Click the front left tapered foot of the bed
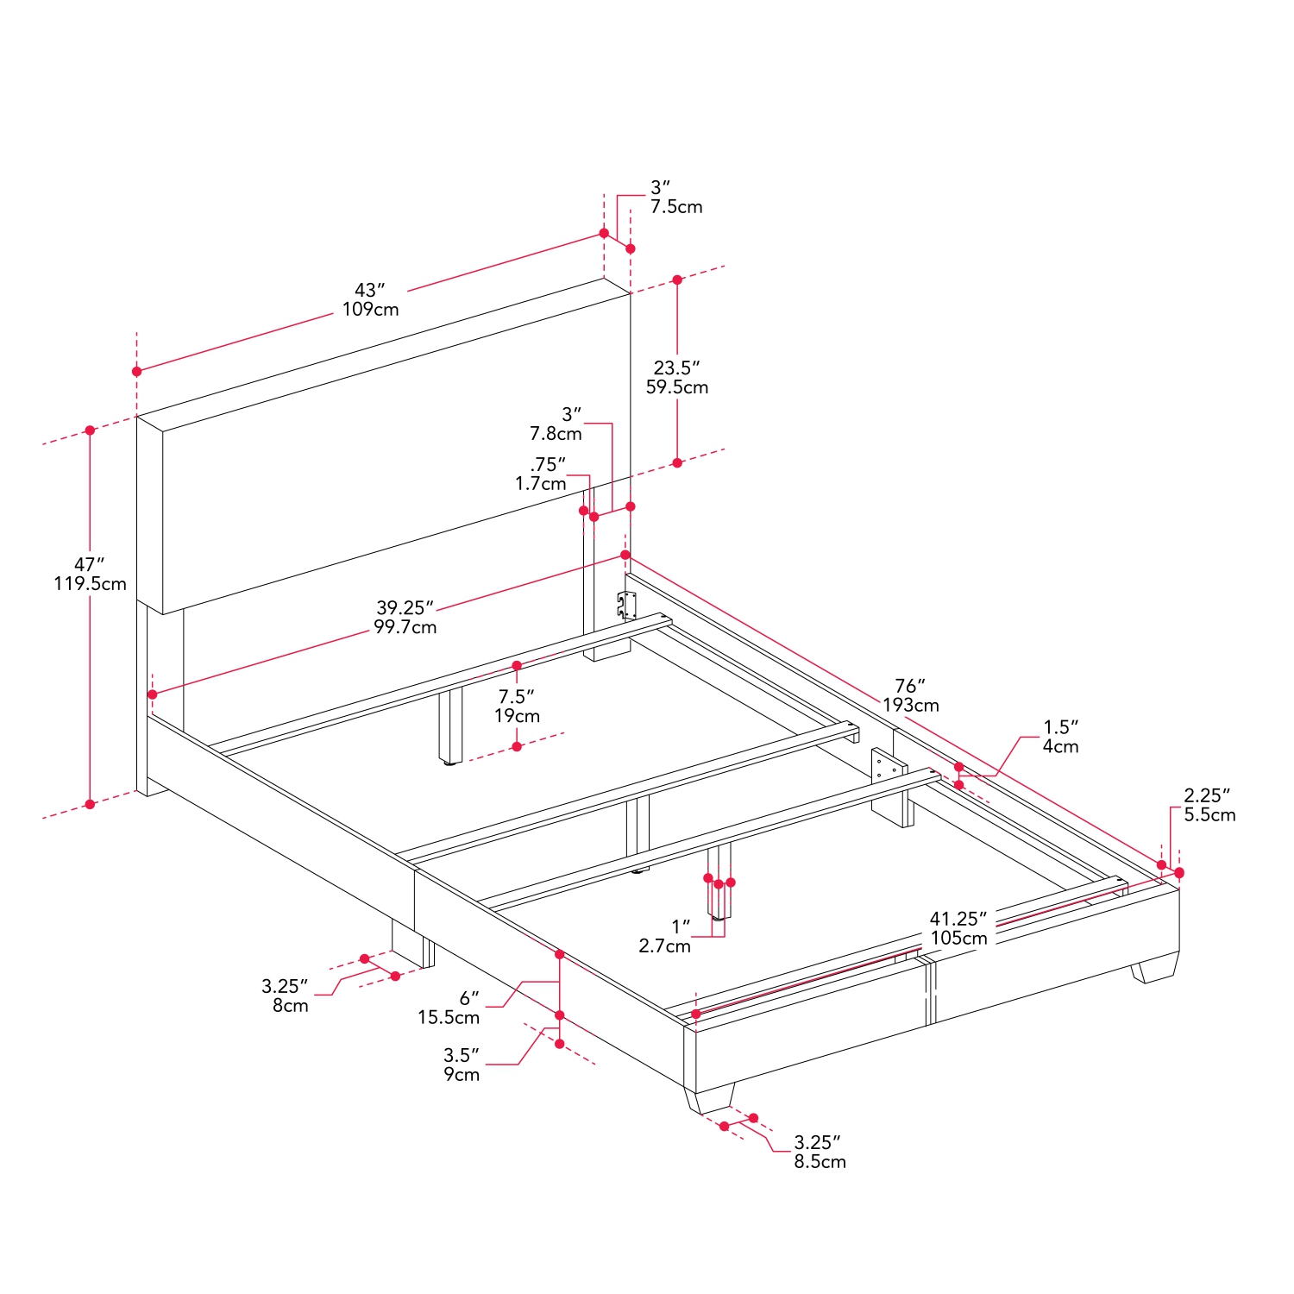[x=710, y=1101]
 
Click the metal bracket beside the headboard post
[x=626, y=605]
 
